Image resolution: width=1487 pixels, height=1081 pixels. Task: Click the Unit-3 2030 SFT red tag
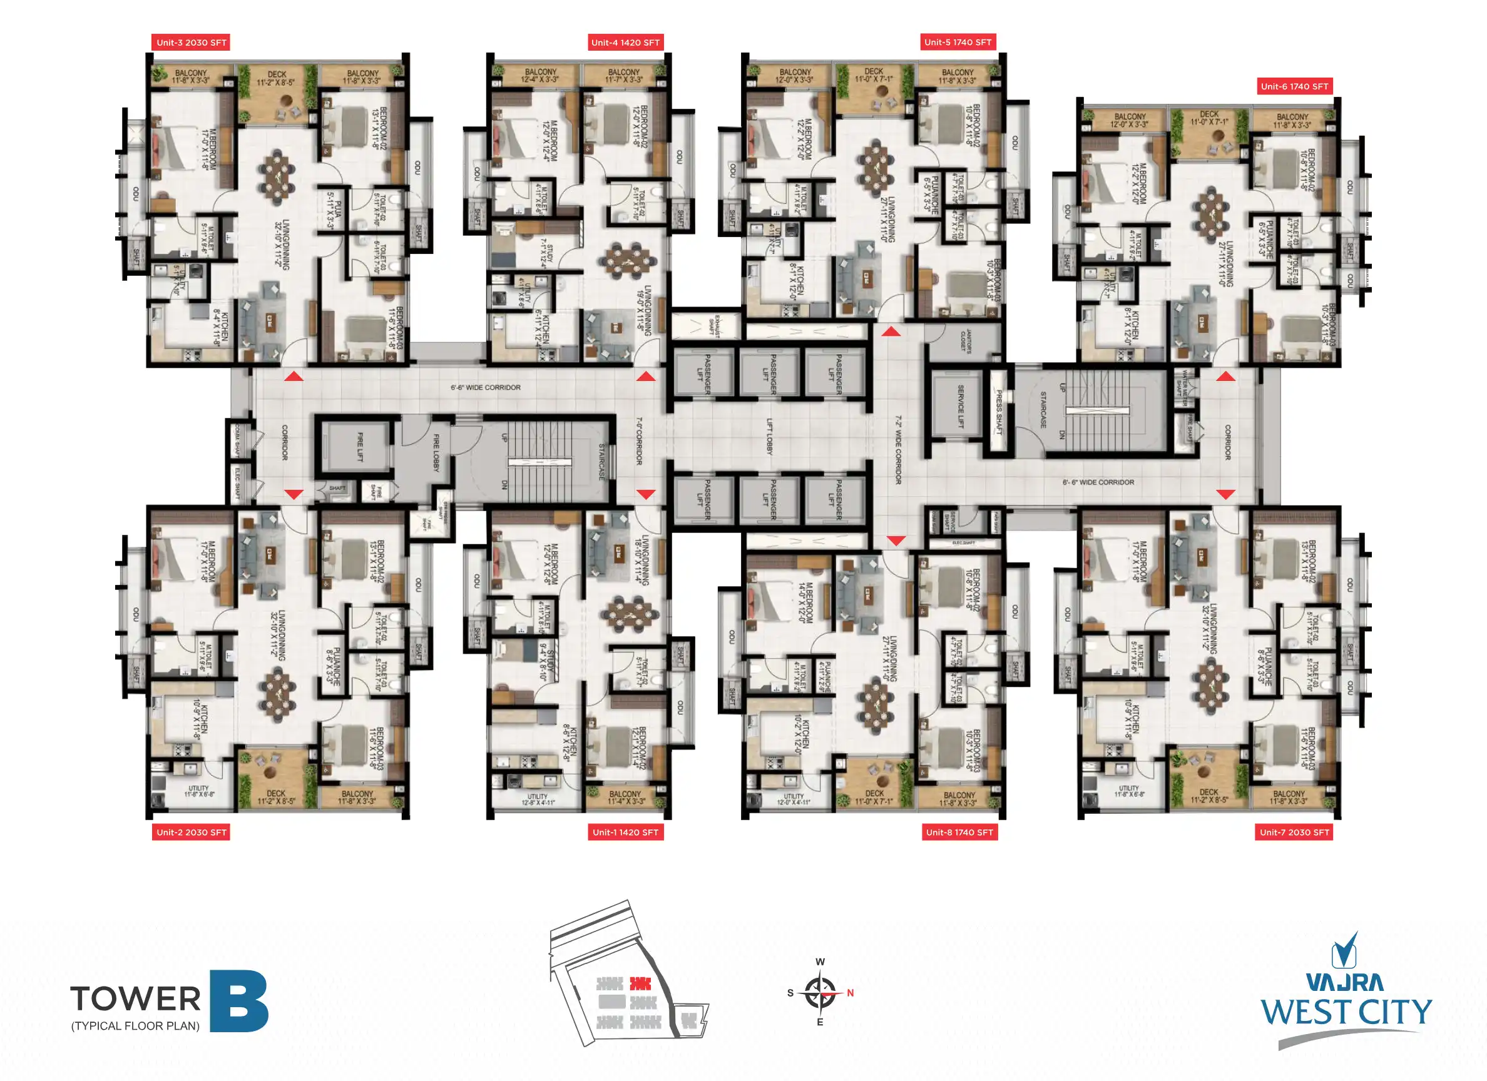coord(191,43)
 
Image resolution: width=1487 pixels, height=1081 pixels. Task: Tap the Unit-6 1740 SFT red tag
coord(1294,86)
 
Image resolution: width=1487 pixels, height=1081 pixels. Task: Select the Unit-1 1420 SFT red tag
coord(625,833)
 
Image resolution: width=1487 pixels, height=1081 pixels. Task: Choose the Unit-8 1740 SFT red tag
coord(959,833)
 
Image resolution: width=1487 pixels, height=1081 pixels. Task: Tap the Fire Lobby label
coord(436,452)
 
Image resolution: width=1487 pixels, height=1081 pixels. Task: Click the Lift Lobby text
coord(770,437)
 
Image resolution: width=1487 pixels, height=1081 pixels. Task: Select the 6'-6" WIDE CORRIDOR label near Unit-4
coord(485,387)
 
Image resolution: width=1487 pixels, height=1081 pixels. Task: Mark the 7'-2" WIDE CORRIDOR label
coord(898,450)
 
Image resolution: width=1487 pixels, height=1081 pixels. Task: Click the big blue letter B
coord(238,1001)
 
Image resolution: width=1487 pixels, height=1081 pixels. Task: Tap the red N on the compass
coord(851,993)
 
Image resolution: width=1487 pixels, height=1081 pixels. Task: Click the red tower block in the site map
coord(641,983)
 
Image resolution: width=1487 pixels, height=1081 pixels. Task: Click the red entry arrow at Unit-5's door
coord(891,332)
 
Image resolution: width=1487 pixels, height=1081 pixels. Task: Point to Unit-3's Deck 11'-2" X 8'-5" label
coord(276,79)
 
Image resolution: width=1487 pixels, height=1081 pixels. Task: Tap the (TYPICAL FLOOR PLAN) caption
coord(135,1026)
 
